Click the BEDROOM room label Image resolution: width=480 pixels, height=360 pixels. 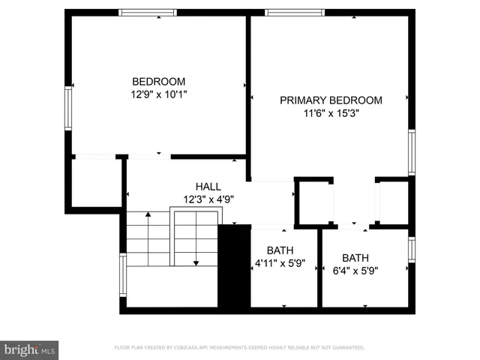158,82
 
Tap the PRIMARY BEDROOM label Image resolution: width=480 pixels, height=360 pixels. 331,100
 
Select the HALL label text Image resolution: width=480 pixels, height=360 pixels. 208,187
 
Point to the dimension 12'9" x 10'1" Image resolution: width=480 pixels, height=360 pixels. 158,95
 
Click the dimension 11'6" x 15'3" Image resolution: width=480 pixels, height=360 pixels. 331,114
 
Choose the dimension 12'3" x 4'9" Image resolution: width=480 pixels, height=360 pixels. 208,199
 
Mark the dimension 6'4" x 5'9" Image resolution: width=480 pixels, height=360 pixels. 355,270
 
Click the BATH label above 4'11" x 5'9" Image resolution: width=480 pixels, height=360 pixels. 280,250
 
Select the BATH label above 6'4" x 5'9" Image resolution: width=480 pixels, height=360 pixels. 355,257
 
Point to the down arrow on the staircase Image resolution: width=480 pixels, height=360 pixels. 196,261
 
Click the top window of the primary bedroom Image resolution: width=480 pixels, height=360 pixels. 295,12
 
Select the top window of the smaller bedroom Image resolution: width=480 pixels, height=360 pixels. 148,12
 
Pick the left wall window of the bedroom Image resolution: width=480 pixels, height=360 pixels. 67,109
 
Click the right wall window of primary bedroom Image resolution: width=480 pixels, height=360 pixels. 411,152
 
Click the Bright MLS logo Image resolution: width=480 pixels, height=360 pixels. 29,349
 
